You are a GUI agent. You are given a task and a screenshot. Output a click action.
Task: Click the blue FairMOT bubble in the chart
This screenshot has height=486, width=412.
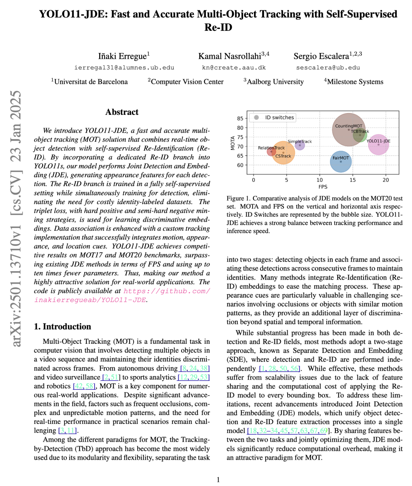pos(341,161)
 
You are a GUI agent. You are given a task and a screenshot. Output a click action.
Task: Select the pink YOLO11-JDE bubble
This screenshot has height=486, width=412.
pos(378,145)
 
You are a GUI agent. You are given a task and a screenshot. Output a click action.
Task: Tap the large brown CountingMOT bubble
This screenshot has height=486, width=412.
pos(348,130)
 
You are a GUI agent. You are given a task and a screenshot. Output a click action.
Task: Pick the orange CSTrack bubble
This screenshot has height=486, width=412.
pos(283,153)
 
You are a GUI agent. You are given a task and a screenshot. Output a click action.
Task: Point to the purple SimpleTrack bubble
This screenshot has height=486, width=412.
pos(300,145)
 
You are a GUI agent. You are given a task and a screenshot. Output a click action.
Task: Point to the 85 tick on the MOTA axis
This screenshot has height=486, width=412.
pos(240,119)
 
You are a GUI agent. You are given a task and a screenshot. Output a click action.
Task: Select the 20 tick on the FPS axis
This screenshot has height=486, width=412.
pos(386,180)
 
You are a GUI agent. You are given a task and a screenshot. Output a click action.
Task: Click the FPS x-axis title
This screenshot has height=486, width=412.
pos(323,187)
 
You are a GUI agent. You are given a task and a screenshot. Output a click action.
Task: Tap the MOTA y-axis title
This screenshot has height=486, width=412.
pos(233,143)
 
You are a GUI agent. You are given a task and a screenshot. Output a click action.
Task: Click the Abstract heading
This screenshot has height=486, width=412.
pos(122,112)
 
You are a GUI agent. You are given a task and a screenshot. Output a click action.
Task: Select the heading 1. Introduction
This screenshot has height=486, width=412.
pos(63,327)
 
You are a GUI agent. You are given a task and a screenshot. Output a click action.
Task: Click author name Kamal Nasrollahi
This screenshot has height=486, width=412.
pos(230,56)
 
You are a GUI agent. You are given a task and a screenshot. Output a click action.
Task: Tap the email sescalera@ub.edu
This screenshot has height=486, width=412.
pos(328,68)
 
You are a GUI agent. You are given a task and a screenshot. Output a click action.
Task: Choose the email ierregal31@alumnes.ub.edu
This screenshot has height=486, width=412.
pos(124,68)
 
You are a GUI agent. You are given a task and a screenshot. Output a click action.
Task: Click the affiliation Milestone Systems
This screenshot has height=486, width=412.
pos(355,82)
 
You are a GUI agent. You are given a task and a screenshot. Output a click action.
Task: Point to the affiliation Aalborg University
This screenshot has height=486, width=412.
pos(275,82)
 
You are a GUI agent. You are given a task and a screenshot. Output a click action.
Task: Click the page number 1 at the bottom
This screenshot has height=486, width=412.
pos(218,480)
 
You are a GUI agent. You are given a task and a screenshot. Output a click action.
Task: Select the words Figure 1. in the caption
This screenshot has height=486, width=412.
pos(238,198)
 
